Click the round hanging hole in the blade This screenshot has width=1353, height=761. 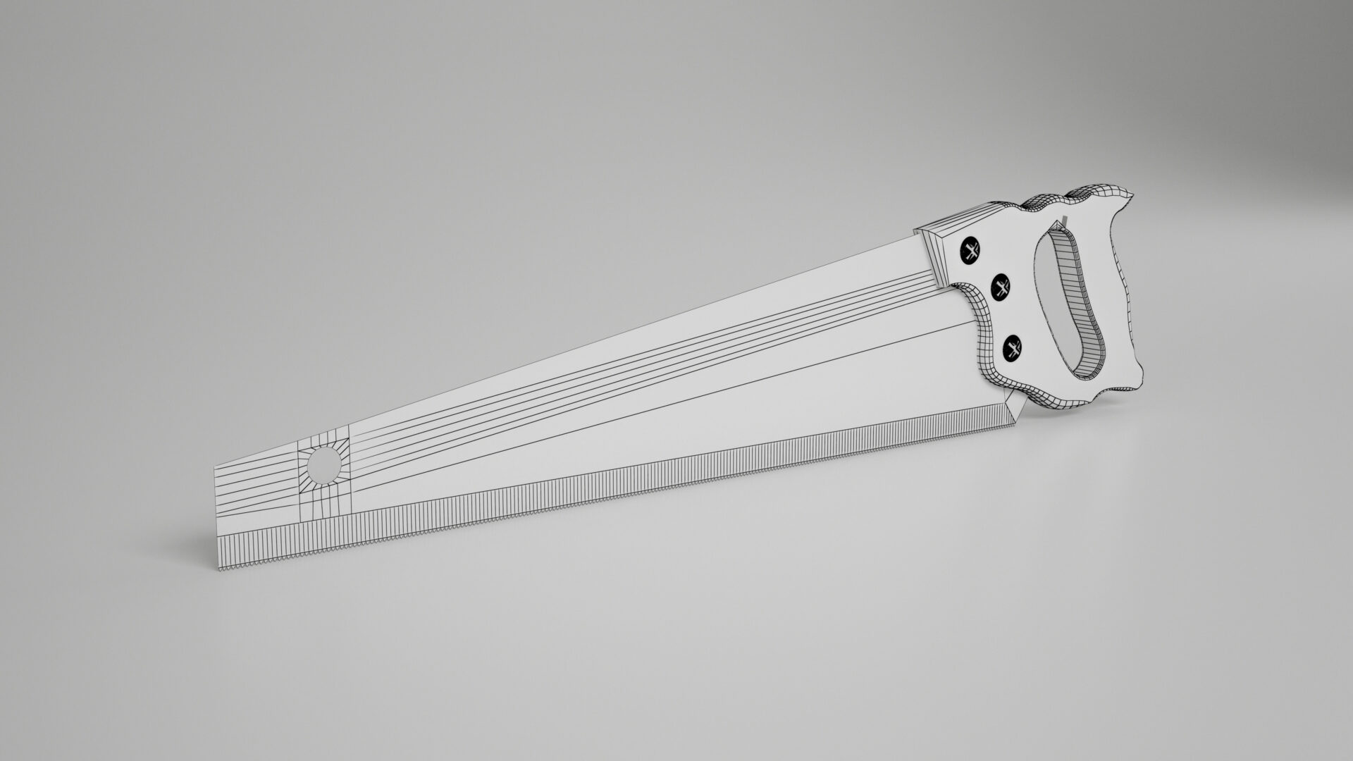[x=324, y=466]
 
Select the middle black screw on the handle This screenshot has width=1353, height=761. [x=1001, y=286]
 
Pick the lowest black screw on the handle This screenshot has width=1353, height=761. [x=1013, y=348]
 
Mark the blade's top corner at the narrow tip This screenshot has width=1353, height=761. [x=214, y=467]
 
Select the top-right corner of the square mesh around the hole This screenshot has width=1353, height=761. [x=350, y=438]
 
